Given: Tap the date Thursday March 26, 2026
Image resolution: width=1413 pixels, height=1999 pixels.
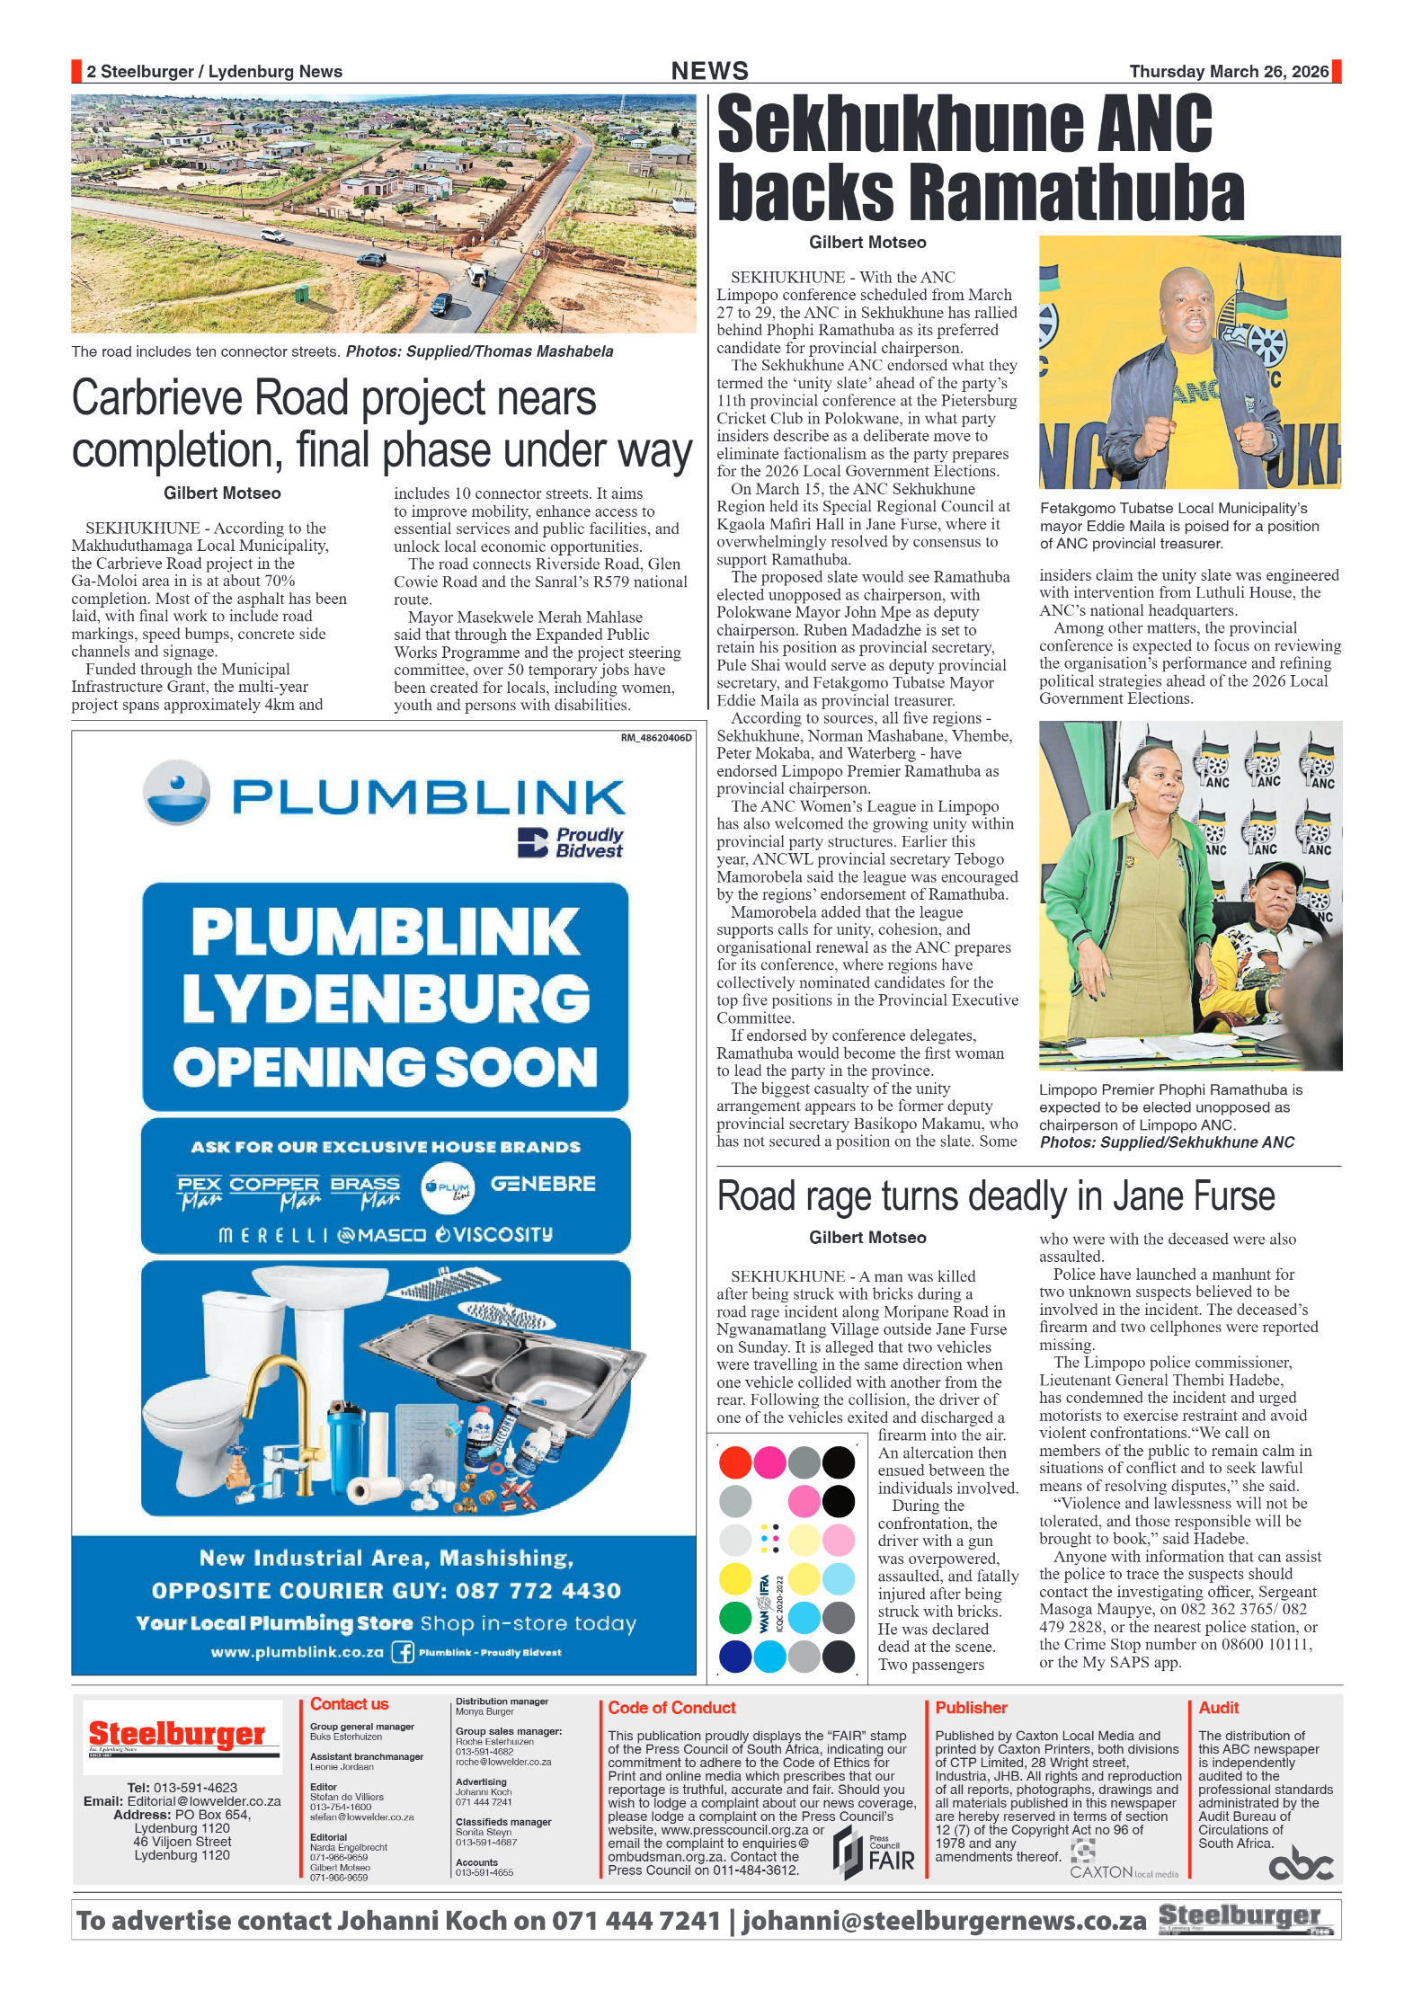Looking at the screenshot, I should [x=1228, y=72].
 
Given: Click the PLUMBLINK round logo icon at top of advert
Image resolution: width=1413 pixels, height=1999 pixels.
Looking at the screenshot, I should [x=177, y=792].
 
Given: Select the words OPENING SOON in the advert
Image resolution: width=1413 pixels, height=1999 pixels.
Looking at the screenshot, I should [x=386, y=1068].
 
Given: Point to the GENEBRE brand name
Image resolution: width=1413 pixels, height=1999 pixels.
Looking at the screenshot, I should [x=543, y=1185].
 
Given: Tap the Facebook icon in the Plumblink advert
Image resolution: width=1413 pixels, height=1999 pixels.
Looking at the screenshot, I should [x=403, y=1652].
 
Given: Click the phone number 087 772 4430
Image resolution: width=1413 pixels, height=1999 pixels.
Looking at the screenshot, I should [x=538, y=1591].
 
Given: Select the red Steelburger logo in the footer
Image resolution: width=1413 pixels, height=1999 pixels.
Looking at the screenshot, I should [x=176, y=1733].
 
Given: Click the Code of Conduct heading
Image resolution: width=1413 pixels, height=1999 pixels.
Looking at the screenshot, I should [x=671, y=1708].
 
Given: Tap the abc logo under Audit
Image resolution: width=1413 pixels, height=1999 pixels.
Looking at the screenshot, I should [x=1300, y=1865].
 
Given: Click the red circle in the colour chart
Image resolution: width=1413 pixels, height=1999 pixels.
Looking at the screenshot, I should [x=735, y=1462].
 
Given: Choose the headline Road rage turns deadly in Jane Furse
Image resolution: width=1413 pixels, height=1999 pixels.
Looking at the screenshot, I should [x=995, y=1197].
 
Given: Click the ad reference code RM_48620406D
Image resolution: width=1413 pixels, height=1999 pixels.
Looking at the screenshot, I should [x=656, y=738].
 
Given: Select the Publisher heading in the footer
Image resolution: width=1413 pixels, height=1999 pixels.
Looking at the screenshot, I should [x=971, y=1708].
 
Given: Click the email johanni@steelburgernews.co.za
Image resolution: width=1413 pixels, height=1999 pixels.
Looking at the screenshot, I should [x=944, y=1921].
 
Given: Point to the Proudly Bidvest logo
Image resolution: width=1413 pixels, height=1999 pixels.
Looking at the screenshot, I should [x=571, y=842].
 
